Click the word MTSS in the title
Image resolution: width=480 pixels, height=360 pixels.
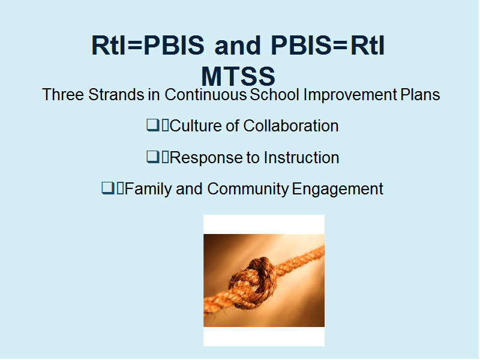coord(238,77)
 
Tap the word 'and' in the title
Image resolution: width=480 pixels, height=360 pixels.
coord(238,46)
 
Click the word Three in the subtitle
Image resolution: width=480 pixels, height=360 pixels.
coord(63,94)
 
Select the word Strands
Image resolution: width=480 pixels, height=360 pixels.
coord(116,94)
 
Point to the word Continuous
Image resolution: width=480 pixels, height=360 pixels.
coord(206,94)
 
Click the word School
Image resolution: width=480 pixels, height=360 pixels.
coord(275,94)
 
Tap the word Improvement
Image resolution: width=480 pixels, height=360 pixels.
coord(350,95)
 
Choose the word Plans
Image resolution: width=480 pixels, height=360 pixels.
coord(421,94)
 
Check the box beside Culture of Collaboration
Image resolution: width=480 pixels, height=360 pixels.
coord(153,125)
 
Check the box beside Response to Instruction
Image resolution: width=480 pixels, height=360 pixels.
coord(153,157)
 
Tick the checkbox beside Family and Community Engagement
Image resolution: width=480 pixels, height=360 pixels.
coord(108,188)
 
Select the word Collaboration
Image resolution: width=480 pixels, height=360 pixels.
coord(291,126)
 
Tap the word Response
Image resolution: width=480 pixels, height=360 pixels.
coord(206,158)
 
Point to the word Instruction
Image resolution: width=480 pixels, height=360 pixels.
coord(302,157)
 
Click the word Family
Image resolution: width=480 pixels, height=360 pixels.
coord(148,189)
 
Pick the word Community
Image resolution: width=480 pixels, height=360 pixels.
coord(248,189)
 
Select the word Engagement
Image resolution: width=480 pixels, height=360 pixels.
coord(338,189)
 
